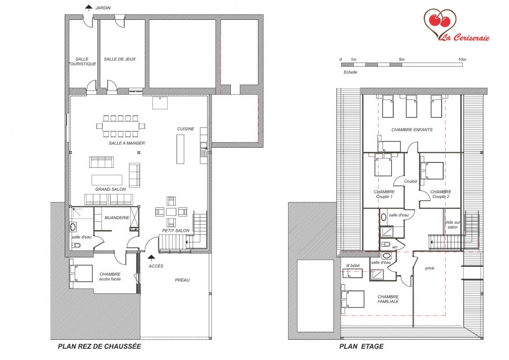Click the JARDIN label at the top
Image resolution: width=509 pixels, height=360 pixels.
click(103, 8)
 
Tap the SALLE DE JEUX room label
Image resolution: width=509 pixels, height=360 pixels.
click(120, 59)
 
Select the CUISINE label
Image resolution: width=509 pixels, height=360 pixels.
click(186, 129)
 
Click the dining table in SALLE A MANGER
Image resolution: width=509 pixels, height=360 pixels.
click(121, 126)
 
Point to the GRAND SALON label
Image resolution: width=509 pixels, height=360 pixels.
click(110, 189)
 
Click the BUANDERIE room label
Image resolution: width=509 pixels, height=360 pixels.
click(117, 218)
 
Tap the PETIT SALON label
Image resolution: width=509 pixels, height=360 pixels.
click(176, 230)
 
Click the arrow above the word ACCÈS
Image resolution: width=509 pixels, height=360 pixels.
click(151, 258)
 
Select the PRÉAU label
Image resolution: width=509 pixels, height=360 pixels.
click(182, 280)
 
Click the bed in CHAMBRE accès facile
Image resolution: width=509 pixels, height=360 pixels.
click(81, 273)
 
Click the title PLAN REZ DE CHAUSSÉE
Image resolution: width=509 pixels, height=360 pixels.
click(99, 346)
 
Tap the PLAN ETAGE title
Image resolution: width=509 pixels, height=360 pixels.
click(361, 346)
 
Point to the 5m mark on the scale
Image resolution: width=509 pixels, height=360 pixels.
click(402, 59)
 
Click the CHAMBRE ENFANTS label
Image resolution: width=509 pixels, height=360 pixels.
click(412, 130)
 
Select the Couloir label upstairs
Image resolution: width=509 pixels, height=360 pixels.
click(410, 181)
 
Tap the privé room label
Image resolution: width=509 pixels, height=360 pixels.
click(429, 268)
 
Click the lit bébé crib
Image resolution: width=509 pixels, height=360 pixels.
click(352, 274)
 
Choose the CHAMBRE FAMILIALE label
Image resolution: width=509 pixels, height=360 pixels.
click(388, 299)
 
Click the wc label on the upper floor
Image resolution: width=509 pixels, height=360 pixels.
click(395, 247)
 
